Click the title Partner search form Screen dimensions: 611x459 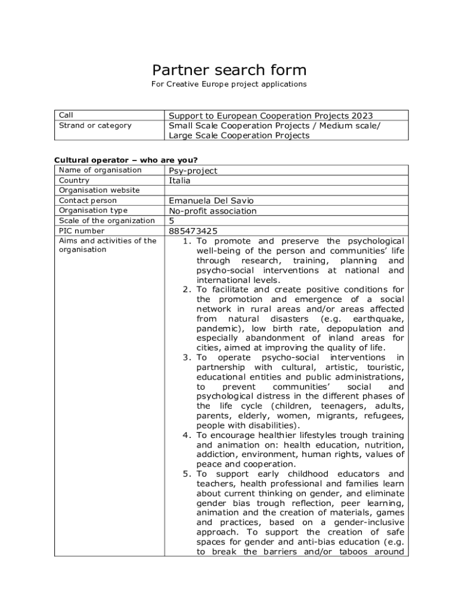pos(229,70)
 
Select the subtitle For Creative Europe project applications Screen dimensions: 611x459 pos(229,84)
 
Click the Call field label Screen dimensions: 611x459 pos(66,115)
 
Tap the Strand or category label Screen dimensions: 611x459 pos(95,125)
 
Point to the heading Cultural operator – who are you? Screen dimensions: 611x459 pos(126,160)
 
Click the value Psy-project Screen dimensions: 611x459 pos(193,171)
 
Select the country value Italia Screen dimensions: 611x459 pos(179,180)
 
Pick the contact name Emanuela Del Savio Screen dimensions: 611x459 pos(215,200)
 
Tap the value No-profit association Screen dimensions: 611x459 pos(213,211)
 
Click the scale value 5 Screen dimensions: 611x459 pos(172,221)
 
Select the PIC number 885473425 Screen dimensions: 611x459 pos(193,231)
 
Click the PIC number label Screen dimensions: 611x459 pos(82,231)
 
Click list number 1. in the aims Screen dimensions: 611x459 pos(187,241)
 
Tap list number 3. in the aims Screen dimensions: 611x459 pos(187,357)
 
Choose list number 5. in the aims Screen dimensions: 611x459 pos(187,474)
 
